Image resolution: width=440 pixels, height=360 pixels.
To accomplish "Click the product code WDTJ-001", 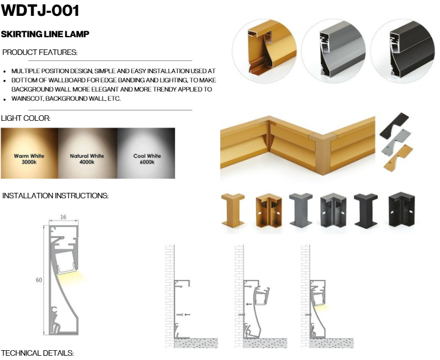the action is point(40,10).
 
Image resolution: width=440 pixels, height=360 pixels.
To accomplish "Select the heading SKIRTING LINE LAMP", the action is point(45,34).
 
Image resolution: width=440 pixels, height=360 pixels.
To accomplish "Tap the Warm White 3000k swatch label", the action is point(29,159).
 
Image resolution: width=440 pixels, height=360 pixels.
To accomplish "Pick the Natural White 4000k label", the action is point(87,159).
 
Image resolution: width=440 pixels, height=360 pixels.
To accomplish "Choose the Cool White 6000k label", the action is point(147,159).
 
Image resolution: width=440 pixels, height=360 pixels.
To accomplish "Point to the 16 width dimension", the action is point(63,217).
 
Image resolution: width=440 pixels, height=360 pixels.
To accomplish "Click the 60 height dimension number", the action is point(38,280).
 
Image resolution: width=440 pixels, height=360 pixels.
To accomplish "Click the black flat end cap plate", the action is point(394,126).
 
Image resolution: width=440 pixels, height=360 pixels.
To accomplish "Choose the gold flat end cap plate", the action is point(399,157).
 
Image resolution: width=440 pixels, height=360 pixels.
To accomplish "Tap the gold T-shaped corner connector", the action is point(233,210).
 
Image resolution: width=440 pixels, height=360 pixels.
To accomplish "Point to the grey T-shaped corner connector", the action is point(301,210).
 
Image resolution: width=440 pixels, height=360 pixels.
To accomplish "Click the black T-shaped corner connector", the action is point(366,211).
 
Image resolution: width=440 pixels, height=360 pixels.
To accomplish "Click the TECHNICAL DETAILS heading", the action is point(38,353).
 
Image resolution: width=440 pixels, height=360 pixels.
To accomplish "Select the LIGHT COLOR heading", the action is point(26,118).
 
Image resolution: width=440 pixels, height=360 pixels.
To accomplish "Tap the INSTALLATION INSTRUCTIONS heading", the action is point(56,196).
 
